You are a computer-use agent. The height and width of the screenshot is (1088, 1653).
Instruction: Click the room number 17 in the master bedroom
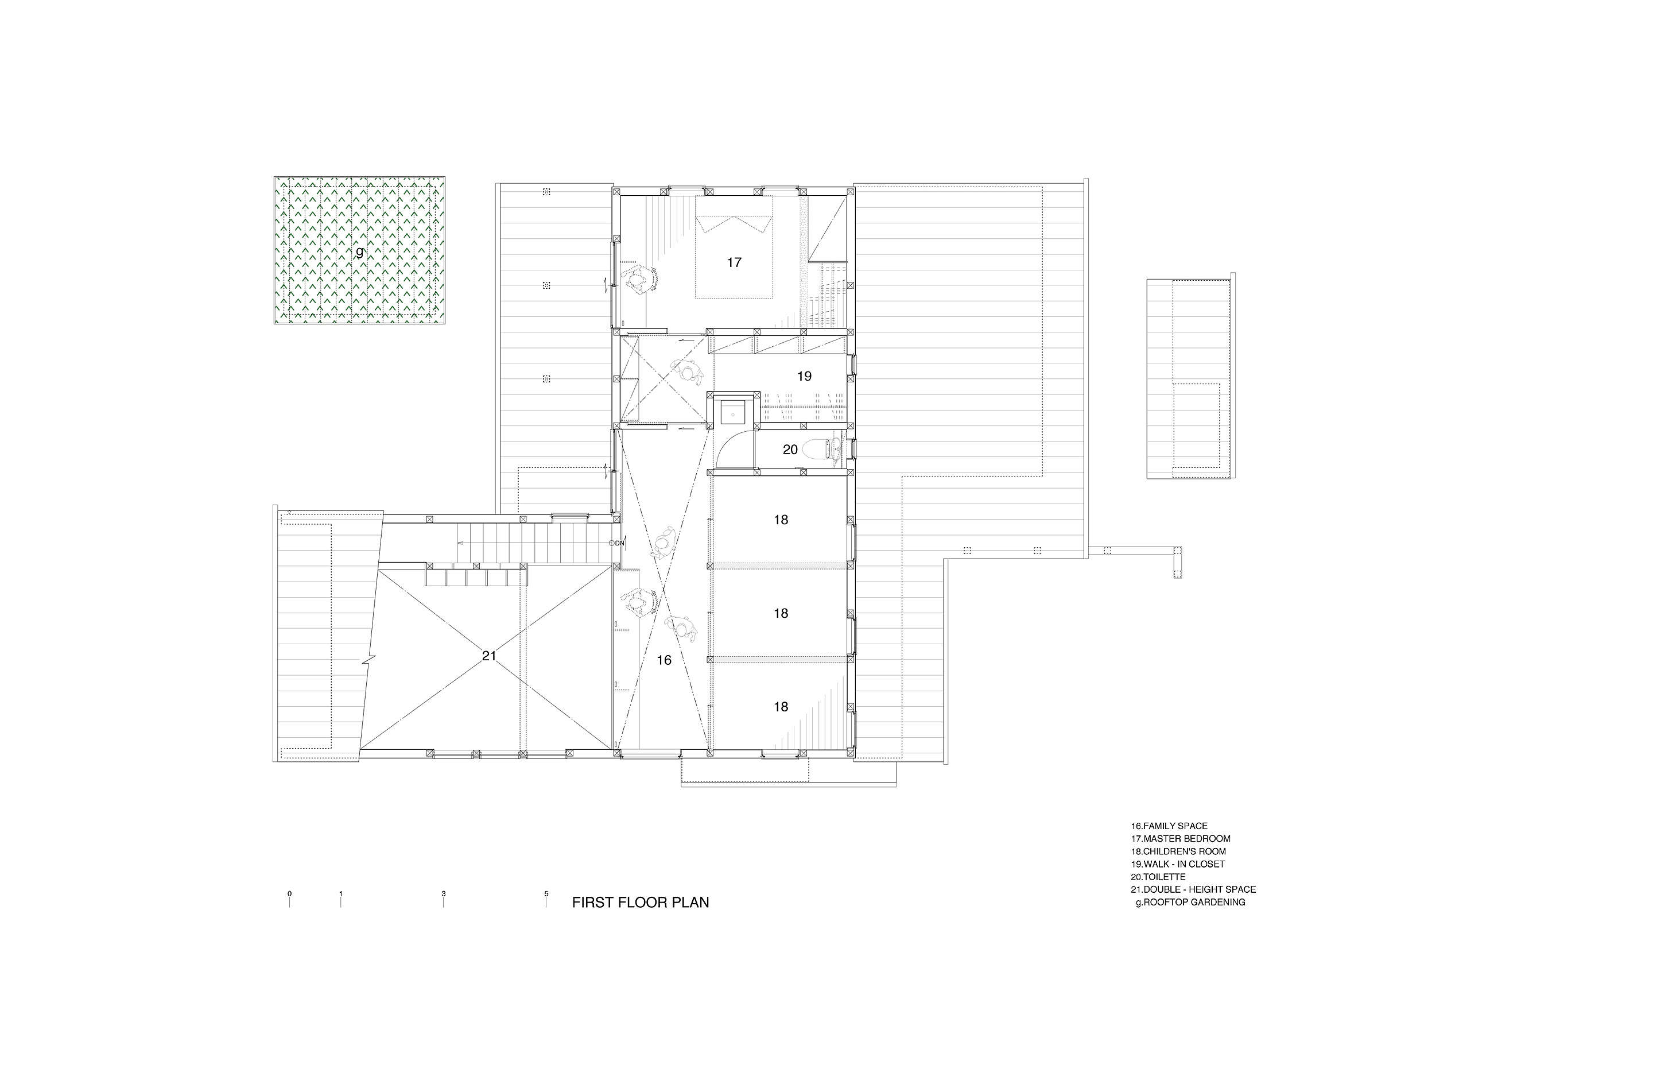734,262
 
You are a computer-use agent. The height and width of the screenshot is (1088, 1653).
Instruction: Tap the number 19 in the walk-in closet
804,377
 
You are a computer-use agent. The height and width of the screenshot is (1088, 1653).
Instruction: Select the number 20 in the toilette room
790,450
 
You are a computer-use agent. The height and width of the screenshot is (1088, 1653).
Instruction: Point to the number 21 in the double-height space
489,655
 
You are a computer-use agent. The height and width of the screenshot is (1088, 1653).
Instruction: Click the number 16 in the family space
664,660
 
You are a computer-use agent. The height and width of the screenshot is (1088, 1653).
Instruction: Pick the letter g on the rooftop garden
359,253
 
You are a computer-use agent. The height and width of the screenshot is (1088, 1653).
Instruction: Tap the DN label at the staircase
619,543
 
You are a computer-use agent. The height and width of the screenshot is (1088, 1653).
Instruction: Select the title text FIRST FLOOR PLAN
641,903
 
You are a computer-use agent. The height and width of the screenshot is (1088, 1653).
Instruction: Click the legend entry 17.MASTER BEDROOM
1180,839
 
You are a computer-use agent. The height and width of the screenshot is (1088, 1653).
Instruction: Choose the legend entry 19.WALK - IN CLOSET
1177,864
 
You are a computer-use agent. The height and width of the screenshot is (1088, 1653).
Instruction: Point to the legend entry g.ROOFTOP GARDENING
1190,903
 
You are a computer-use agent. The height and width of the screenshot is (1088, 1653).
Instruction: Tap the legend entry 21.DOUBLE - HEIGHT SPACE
1193,889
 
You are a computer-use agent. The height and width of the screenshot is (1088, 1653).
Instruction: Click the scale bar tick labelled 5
546,899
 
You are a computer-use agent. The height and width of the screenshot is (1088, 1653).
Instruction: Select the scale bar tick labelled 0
290,899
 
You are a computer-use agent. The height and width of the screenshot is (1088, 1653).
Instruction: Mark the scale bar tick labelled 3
443,899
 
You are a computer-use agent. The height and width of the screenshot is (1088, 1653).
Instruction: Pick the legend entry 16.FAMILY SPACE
1169,826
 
